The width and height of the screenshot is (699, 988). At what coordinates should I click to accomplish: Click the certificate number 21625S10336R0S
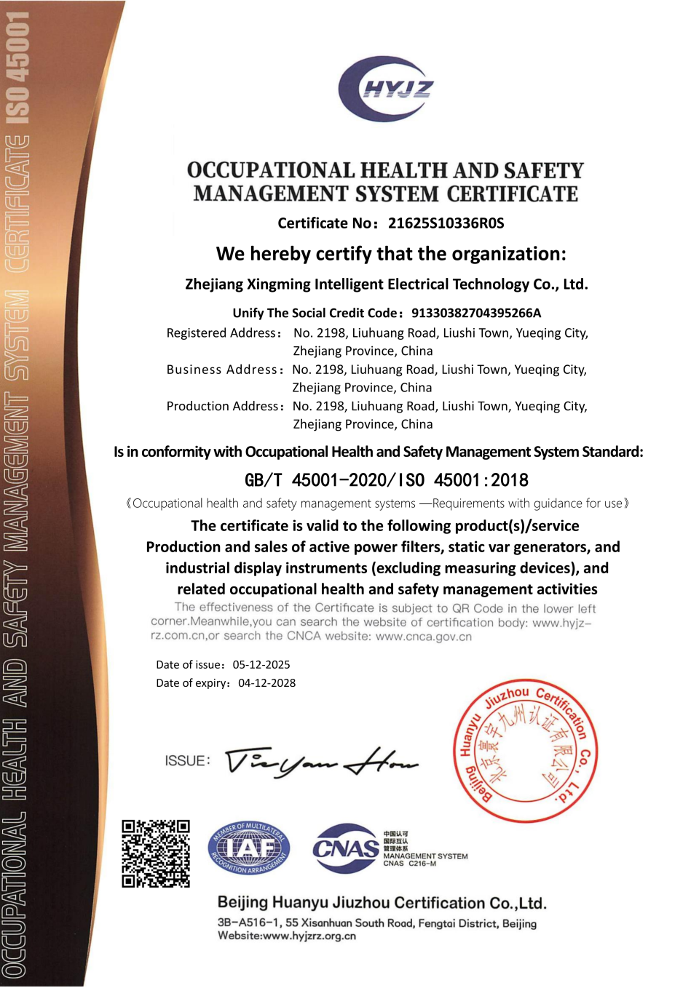(x=446, y=223)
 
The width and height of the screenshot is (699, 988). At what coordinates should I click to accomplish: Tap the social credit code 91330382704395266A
(x=476, y=313)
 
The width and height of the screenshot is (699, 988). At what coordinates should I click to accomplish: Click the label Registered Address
(x=223, y=333)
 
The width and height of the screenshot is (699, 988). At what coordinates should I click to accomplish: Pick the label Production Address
(x=224, y=406)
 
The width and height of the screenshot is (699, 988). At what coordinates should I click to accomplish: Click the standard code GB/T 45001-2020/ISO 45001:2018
(x=386, y=480)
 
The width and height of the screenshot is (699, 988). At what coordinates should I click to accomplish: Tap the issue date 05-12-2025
(x=261, y=665)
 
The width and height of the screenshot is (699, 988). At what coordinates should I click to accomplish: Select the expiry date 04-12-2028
(x=266, y=683)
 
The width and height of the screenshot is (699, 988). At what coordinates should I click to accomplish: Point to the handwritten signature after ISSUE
(x=320, y=762)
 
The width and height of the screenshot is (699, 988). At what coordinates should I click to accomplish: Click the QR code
(x=156, y=853)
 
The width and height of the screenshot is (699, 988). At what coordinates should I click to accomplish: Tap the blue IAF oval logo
(x=249, y=848)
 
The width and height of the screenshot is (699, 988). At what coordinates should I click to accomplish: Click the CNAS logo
(x=346, y=848)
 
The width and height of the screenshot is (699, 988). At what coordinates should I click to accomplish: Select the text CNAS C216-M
(x=409, y=864)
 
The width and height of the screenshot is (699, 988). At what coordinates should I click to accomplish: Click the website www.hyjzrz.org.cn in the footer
(x=309, y=936)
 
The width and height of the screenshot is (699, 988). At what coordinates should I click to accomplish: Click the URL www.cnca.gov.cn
(x=424, y=637)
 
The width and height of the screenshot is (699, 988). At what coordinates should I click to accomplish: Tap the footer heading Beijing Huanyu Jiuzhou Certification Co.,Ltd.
(x=382, y=903)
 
